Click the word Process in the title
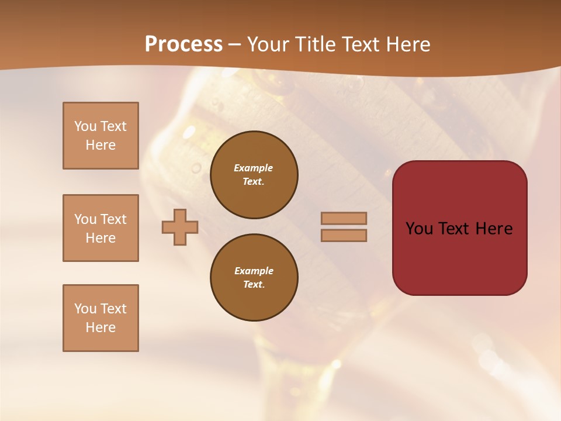point(183,44)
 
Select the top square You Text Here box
point(101,136)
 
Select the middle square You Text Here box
point(101,228)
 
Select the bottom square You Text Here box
point(101,318)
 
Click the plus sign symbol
point(180,227)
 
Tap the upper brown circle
point(254,175)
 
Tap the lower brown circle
point(254,278)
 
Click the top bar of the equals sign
point(344,218)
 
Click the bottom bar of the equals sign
point(344,235)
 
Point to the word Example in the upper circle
point(254,168)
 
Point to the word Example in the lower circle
point(254,271)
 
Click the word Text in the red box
point(452,229)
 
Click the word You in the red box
point(418,229)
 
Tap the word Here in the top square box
point(101,145)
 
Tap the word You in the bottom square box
point(85,309)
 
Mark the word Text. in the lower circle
point(254,285)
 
